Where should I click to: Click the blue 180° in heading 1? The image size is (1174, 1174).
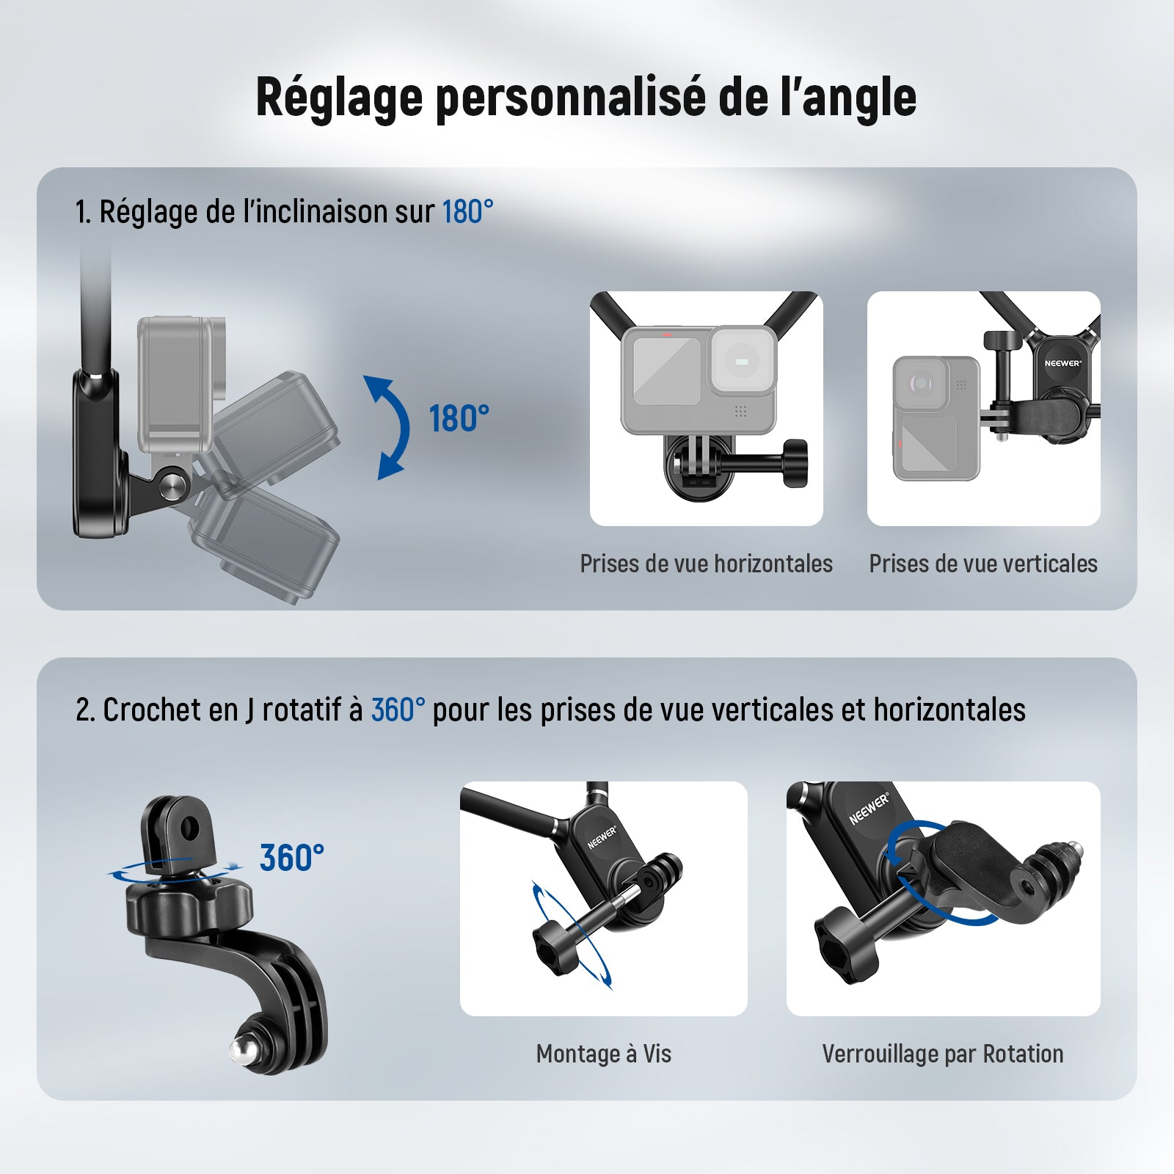(x=467, y=211)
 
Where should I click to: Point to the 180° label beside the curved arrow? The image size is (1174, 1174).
(x=459, y=418)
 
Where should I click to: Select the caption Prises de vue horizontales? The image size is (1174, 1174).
(x=706, y=564)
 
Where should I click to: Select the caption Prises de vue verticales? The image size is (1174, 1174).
(x=983, y=564)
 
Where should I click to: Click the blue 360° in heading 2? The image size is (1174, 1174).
(x=398, y=710)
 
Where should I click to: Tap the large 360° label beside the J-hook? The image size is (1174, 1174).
(x=291, y=857)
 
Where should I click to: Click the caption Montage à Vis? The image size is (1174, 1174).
(x=604, y=1054)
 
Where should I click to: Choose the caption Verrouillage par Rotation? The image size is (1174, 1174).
(x=943, y=1054)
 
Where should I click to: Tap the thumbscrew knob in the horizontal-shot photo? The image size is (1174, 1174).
(x=795, y=463)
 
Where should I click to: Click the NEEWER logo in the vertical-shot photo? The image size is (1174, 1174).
(x=1062, y=363)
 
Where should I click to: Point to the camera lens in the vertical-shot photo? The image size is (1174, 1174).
(x=921, y=382)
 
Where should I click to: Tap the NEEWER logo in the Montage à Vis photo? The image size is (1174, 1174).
(x=602, y=837)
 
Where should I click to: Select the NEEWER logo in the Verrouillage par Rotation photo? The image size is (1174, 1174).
(x=869, y=809)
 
